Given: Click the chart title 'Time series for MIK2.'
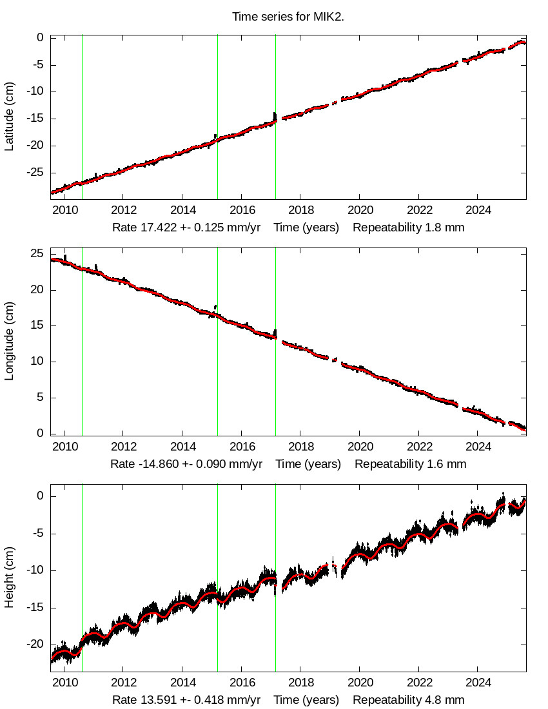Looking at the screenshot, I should [x=288, y=17].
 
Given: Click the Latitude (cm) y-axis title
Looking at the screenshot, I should [x=10, y=117].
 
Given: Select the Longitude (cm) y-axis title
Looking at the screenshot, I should [x=10, y=342].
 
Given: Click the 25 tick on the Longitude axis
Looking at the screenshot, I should [x=37, y=253].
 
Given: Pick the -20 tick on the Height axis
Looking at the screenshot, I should [x=35, y=645].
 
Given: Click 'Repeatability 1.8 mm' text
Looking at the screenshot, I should [x=408, y=228].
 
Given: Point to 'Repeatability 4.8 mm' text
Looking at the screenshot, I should [x=408, y=700].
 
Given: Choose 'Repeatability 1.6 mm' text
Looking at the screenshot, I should [x=410, y=464].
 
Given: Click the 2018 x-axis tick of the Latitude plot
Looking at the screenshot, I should [x=301, y=210].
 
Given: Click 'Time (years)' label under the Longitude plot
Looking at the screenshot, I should [x=308, y=464].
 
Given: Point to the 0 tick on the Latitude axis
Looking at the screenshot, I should [x=40, y=37].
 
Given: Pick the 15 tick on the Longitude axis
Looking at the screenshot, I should [x=37, y=325].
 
